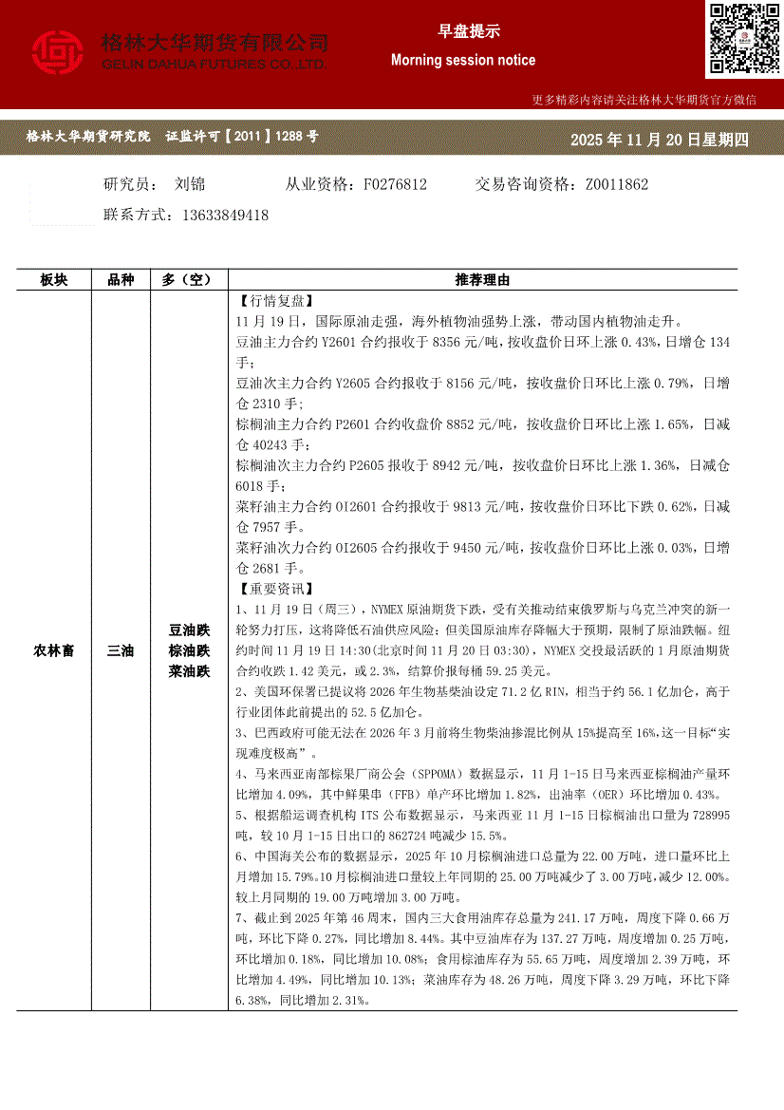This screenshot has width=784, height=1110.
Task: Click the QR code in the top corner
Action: click(x=743, y=39)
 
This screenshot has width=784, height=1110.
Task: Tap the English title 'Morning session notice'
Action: click(x=463, y=60)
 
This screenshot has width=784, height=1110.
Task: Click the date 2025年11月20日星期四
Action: click(x=659, y=140)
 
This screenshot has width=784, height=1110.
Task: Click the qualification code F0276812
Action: click(x=395, y=184)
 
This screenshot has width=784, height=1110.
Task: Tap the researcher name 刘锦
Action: click(x=191, y=184)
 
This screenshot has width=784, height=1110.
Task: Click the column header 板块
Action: click(x=54, y=279)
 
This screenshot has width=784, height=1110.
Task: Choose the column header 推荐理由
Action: click(x=482, y=279)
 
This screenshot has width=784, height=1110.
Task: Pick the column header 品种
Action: click(x=121, y=279)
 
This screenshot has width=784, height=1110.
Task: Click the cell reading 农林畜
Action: click(x=54, y=650)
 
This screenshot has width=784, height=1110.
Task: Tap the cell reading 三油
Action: click(x=121, y=650)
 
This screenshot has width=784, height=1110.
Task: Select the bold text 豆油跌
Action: click(x=189, y=630)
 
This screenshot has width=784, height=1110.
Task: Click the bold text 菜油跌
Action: click(x=189, y=671)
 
